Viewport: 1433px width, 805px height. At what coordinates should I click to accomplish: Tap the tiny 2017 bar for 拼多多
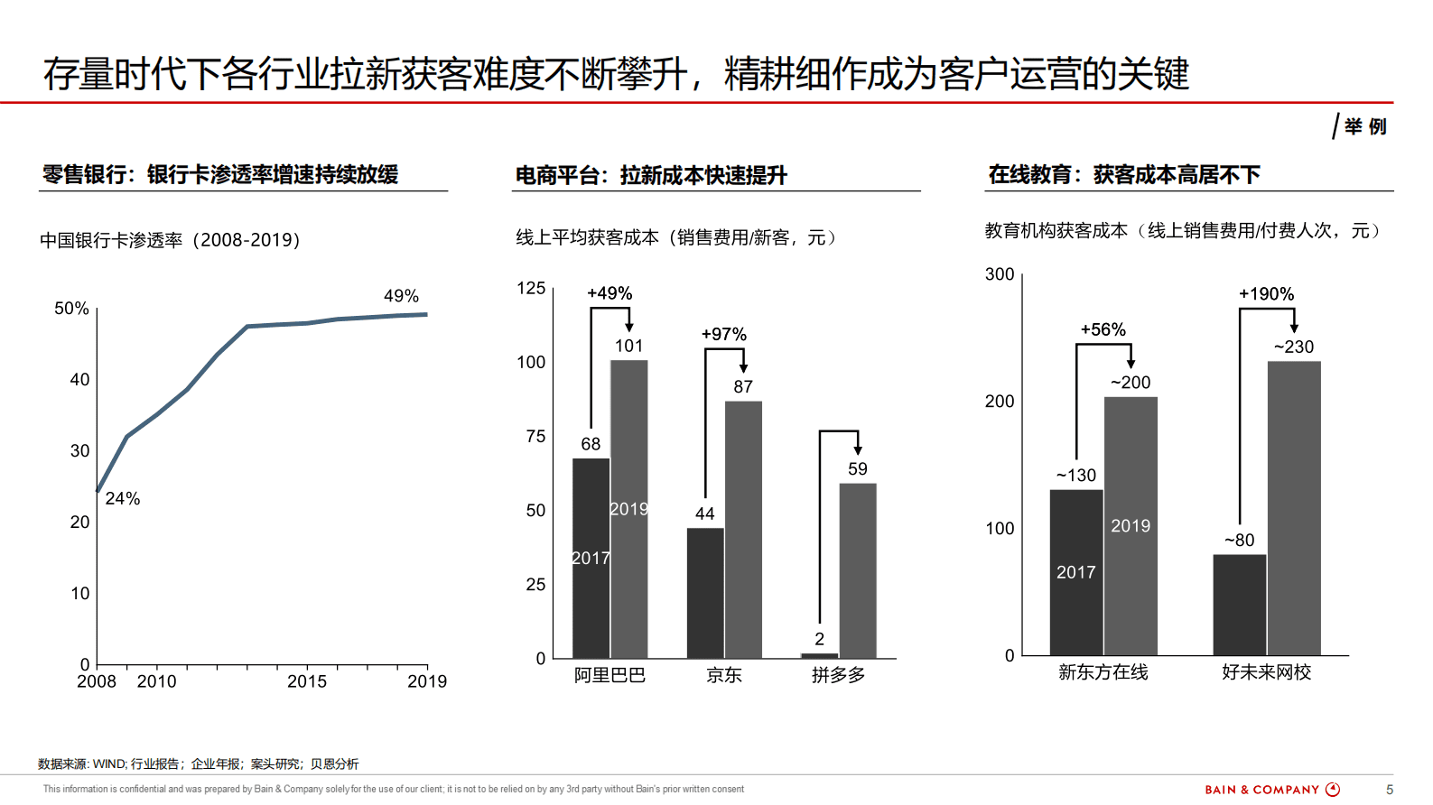819,655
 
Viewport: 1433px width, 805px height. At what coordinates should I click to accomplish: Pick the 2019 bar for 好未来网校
1293,507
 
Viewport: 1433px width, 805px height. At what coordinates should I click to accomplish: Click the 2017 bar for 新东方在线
1075,572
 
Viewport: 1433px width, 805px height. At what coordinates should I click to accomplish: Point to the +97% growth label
723,335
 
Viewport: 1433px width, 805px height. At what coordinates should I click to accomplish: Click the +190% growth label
1266,294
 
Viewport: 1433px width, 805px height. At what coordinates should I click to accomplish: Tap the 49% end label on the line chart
401,296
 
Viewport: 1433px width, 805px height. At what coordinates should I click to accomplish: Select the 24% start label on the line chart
123,498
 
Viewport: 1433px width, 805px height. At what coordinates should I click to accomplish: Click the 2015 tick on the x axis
307,681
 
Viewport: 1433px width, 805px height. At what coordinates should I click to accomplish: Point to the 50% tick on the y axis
71,309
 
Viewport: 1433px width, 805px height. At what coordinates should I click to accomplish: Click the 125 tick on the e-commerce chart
531,289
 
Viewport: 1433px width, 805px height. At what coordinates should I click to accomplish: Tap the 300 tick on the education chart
1000,274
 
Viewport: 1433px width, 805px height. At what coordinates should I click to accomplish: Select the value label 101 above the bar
628,346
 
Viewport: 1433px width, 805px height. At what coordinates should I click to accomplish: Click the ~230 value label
1293,347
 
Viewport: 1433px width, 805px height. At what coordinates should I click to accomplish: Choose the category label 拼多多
838,675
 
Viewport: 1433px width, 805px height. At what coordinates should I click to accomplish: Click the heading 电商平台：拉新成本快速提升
650,175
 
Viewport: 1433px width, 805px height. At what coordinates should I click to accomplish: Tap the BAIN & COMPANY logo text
1262,790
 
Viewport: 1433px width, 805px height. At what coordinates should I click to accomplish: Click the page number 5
1390,790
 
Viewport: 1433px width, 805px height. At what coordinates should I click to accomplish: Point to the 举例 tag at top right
1364,127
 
